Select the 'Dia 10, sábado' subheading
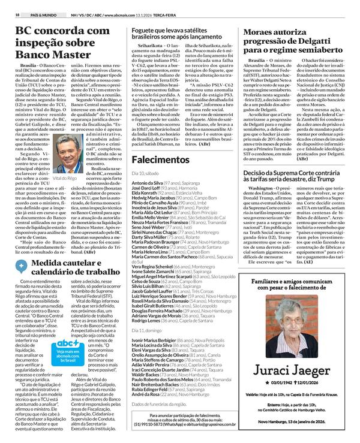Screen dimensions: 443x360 click(146, 173)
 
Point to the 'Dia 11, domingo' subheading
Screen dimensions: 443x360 click(147, 330)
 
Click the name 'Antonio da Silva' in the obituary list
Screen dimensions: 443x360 click(147, 182)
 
